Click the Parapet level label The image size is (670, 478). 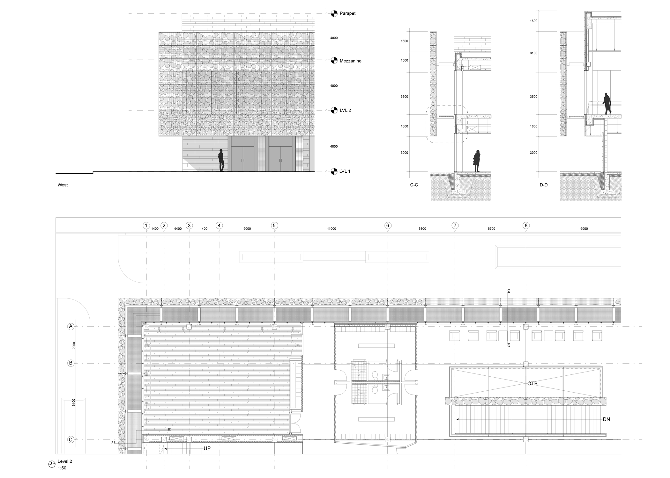click(347, 13)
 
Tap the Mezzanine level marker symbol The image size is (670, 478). click(334, 61)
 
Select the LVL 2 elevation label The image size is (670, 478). click(345, 110)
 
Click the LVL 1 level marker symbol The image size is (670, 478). click(334, 171)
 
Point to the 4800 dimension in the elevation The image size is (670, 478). click(334, 147)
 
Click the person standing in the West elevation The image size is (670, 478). click(221, 161)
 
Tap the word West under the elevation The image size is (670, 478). click(63, 185)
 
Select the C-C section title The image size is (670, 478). click(414, 185)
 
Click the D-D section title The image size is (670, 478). click(543, 185)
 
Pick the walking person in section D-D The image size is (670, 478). click(607, 103)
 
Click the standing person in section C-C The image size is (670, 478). click(477, 161)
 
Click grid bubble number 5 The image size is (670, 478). click(274, 226)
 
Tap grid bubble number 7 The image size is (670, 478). click(455, 226)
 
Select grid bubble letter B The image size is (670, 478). click(71, 363)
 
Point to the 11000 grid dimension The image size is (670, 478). click(331, 229)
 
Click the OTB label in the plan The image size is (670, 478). click(532, 384)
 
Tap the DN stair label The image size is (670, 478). click(606, 419)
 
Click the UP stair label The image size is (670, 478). click(207, 448)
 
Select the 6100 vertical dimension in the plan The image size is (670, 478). click(74, 402)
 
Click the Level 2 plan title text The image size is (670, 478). click(65, 461)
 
